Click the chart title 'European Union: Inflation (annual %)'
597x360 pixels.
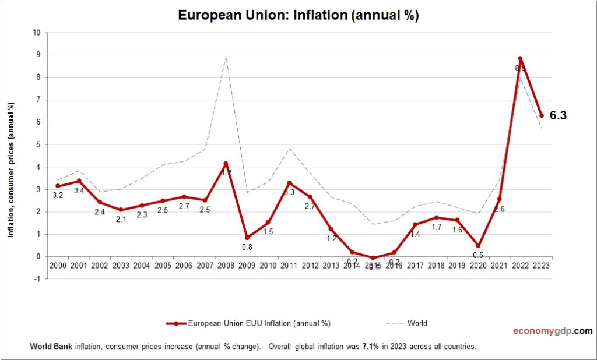click(x=298, y=16)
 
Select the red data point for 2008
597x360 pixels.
click(x=226, y=164)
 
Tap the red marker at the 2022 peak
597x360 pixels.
click(x=520, y=59)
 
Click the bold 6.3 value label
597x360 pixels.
click(x=558, y=116)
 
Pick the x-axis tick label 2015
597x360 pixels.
click(x=373, y=266)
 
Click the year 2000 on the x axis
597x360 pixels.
click(x=57, y=266)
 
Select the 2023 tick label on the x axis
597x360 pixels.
click(x=541, y=266)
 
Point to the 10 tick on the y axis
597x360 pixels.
click(x=36, y=33)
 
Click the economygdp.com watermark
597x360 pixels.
click(x=553, y=331)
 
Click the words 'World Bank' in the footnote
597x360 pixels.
click(x=50, y=347)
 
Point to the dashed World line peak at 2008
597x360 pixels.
click(x=226, y=56)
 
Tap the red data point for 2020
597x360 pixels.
click(x=478, y=245)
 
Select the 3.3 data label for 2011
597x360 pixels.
click(x=289, y=193)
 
